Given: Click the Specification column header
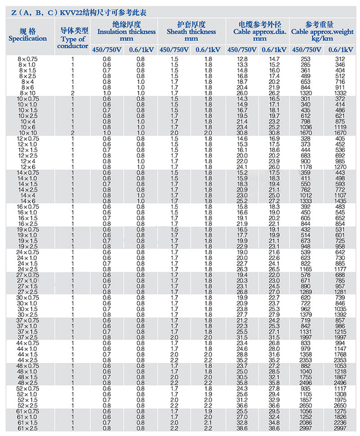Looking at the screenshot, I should [27, 35].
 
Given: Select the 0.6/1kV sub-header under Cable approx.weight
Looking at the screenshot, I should [341, 49].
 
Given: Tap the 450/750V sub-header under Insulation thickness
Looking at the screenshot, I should [106, 49].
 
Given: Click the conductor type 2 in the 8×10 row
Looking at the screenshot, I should [73, 92].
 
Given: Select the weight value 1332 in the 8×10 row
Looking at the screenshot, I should [341, 92].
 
